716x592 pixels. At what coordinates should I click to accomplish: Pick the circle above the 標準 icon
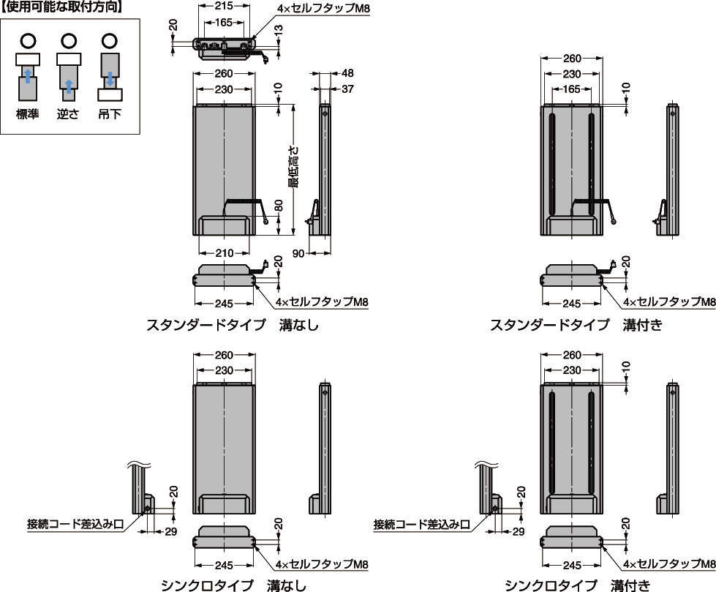click(x=28, y=40)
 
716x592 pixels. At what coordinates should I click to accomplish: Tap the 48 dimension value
click(x=347, y=74)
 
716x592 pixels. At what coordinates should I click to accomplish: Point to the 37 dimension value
click(x=347, y=89)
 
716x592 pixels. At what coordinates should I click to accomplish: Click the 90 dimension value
click(x=298, y=252)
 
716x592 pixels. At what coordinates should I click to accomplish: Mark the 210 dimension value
click(x=224, y=253)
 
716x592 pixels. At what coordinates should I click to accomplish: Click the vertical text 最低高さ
click(x=293, y=168)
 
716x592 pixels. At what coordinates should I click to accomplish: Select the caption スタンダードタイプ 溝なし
click(x=233, y=325)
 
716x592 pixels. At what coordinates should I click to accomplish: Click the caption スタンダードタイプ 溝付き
click(x=576, y=325)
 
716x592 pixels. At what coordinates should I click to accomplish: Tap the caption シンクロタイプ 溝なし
click(x=233, y=585)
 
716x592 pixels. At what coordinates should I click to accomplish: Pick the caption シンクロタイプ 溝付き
click(x=576, y=585)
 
